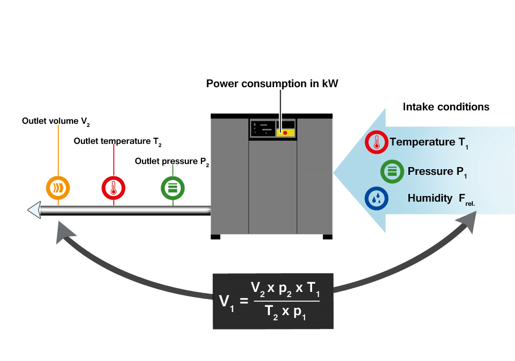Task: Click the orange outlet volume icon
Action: [x=58, y=187]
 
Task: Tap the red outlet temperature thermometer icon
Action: [x=113, y=187]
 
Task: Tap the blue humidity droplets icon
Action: [x=377, y=199]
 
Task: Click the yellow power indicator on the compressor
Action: [x=285, y=133]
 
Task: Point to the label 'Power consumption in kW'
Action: [x=272, y=84]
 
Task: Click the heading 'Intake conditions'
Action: [x=445, y=107]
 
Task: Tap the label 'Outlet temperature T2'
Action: [x=118, y=141]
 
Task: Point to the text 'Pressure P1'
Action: [x=437, y=172]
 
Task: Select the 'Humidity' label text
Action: [x=430, y=199]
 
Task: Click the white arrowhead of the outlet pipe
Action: [x=34, y=210]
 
